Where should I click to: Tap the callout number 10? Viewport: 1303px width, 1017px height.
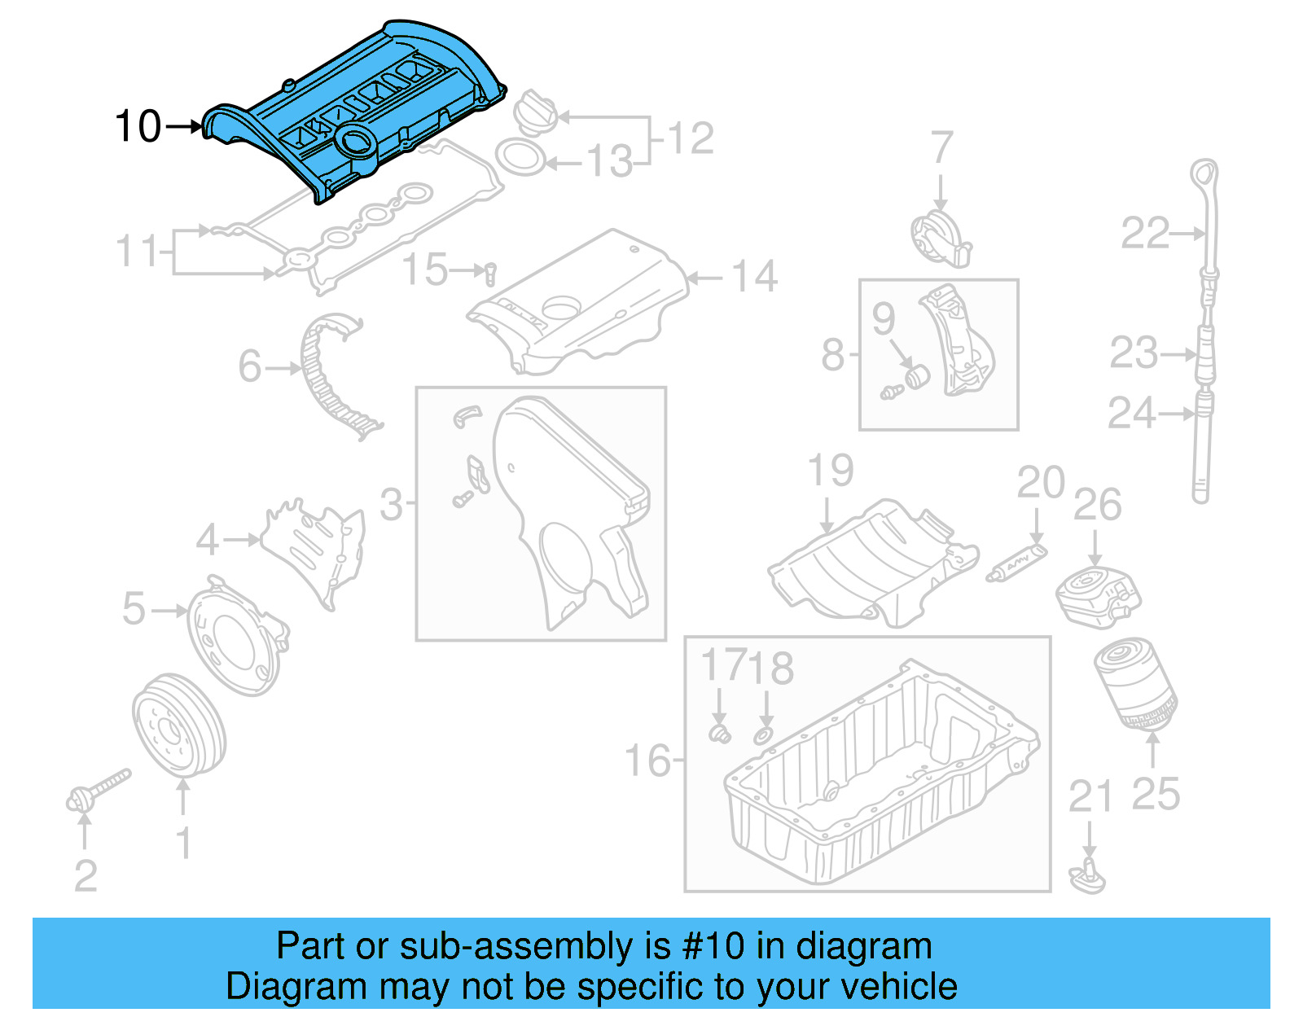pos(138,127)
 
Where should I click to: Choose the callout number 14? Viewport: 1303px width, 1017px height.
pos(754,277)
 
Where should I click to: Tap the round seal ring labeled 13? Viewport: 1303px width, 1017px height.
pos(520,157)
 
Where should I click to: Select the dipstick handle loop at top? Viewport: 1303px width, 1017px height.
pos(1204,177)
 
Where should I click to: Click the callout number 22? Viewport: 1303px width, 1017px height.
pos(1145,234)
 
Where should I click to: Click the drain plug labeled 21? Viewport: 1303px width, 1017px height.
pos(1089,876)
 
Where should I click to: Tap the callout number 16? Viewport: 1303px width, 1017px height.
pos(647,761)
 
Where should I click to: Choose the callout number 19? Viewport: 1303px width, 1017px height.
pos(830,471)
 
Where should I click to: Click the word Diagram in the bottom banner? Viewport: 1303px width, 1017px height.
pos(276,987)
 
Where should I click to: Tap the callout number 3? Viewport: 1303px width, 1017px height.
pos(392,505)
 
